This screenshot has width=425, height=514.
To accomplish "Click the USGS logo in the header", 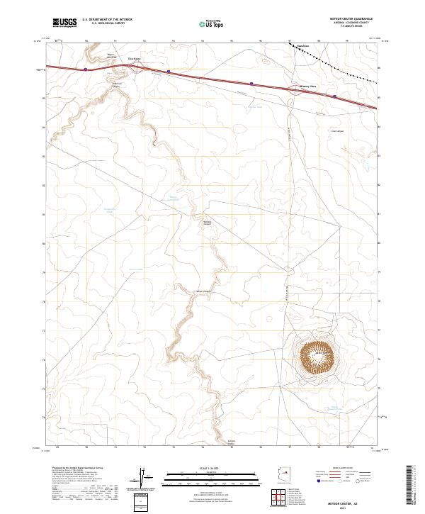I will [64, 23].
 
